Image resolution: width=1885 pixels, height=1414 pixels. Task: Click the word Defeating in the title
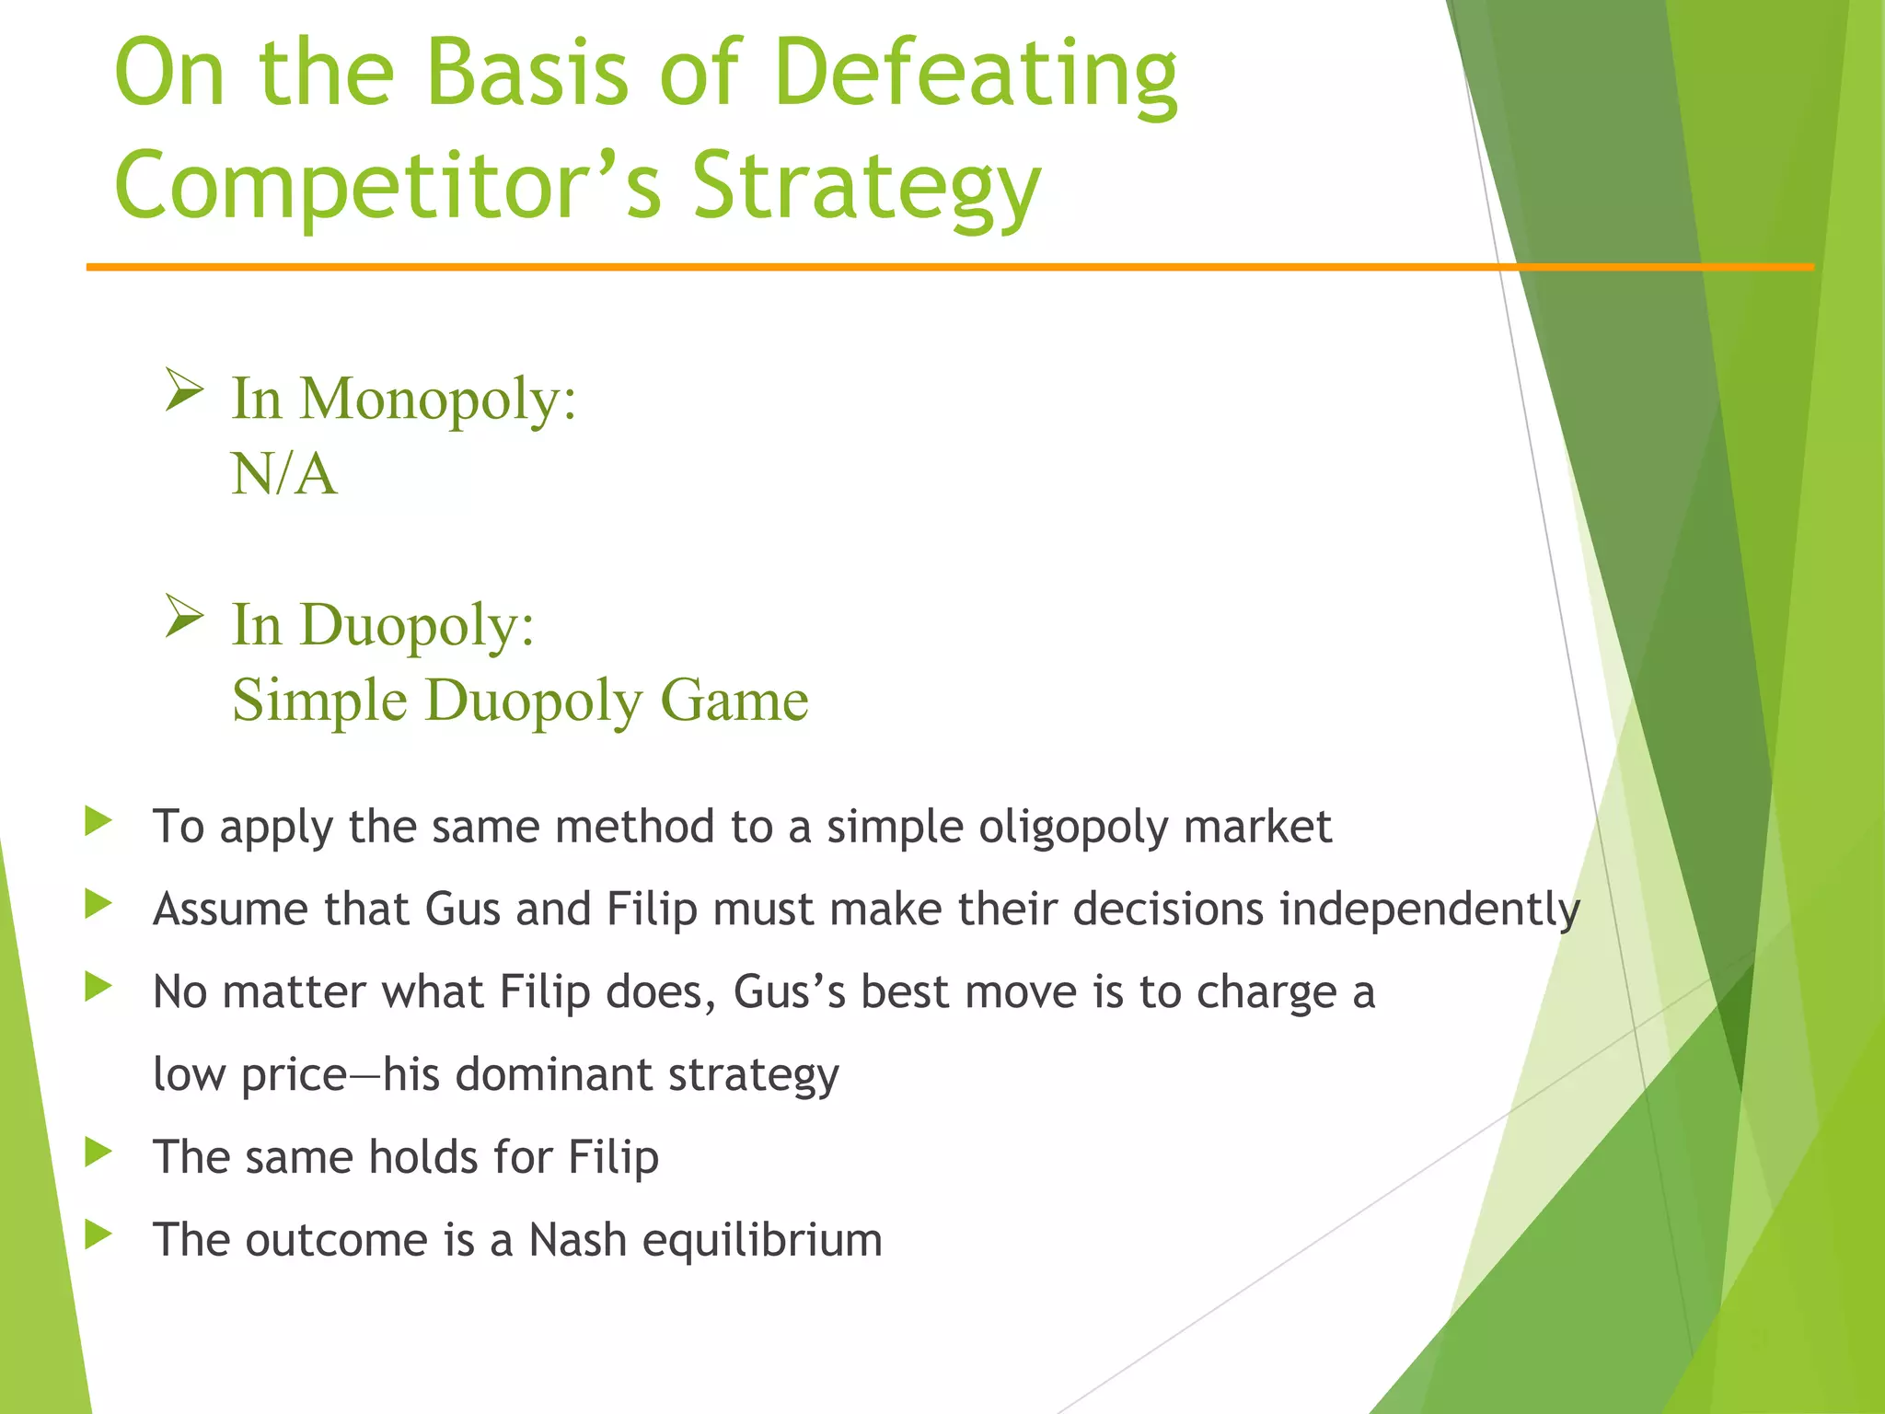[x=976, y=74]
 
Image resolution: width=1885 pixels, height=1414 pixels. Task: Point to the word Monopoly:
[x=438, y=400]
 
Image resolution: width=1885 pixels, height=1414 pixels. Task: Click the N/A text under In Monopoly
[x=284, y=475]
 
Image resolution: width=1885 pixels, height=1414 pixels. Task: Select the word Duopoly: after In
[x=417, y=626]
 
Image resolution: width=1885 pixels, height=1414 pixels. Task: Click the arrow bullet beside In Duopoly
[x=184, y=616]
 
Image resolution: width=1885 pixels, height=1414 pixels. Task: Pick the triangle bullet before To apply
[x=98, y=821]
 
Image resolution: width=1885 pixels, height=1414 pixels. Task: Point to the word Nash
[x=577, y=1240]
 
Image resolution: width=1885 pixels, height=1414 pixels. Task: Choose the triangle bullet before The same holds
[x=98, y=1152]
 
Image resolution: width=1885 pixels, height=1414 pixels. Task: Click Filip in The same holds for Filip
[x=613, y=1157]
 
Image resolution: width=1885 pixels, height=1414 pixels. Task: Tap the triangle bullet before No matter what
[x=98, y=987]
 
